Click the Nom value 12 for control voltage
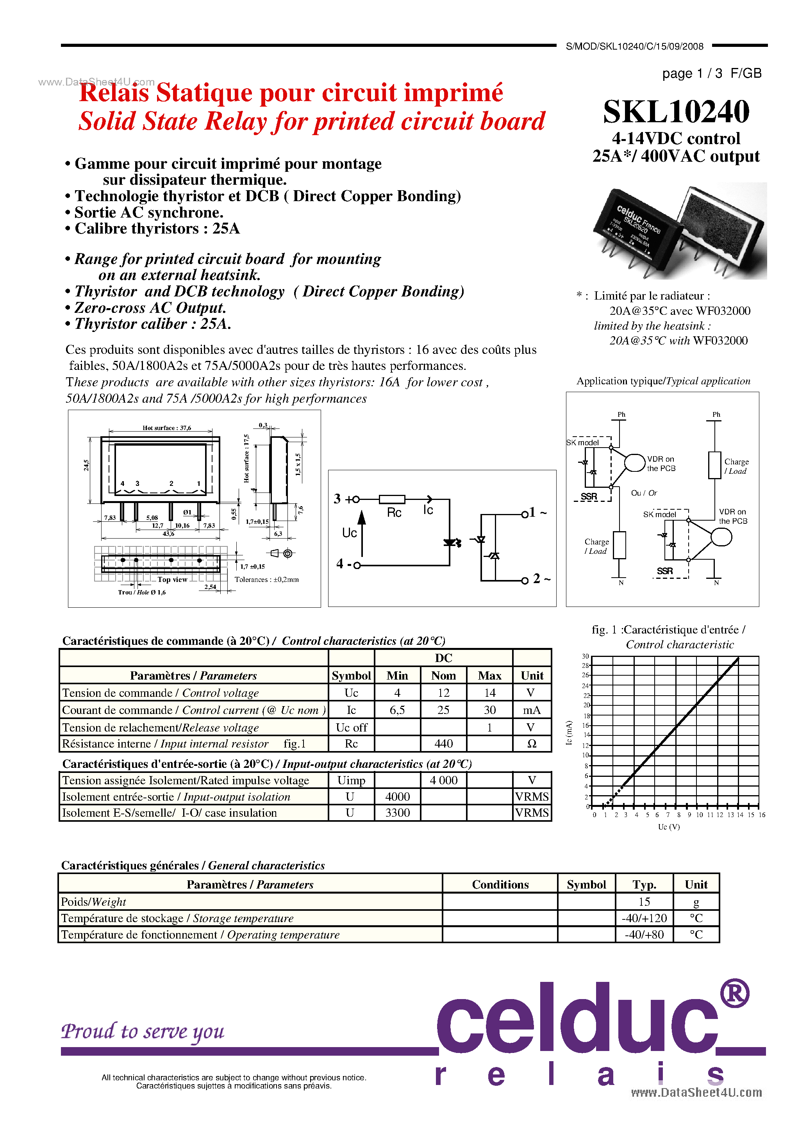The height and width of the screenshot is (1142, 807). point(443,692)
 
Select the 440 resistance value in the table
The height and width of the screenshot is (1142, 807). point(443,744)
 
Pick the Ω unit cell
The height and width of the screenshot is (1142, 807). point(531,744)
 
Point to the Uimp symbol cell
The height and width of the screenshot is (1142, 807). point(351,780)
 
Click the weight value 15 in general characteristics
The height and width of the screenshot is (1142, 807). point(644,902)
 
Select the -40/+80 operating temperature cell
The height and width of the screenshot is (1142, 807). point(644,935)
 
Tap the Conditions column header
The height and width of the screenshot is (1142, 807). point(500,884)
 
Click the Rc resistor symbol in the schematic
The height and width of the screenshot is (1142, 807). point(392,500)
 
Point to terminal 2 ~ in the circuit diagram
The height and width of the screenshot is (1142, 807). point(540,579)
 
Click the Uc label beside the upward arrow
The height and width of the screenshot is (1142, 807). point(349,533)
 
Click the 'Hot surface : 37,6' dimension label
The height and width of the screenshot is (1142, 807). point(167,428)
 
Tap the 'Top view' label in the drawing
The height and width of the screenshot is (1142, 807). point(172,580)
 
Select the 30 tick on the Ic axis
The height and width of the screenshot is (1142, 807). point(585,656)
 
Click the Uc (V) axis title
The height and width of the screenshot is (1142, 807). point(669,827)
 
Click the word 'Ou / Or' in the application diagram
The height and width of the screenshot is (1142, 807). point(644,493)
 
